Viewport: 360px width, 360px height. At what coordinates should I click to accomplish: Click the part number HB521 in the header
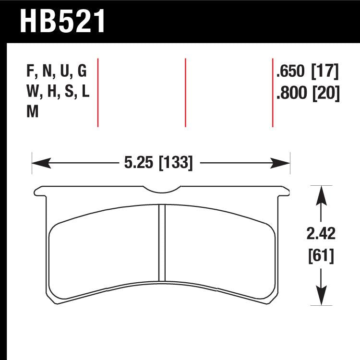tap(63, 21)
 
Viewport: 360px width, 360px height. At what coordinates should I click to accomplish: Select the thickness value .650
tap(290, 72)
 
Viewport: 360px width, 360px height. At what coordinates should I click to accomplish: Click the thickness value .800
tap(291, 93)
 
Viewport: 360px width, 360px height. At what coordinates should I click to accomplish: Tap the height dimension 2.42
tap(321, 234)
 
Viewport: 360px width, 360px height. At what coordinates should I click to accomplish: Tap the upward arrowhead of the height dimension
tap(321, 192)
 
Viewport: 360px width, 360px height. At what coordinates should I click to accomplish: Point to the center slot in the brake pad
tap(162, 242)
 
